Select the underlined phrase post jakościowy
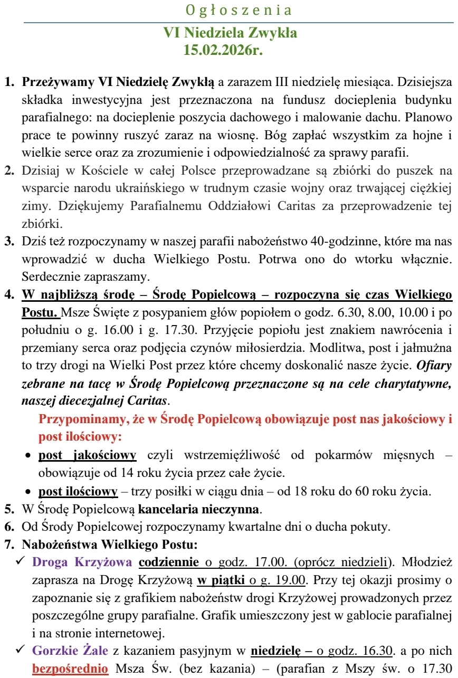pyautogui.click(x=87, y=455)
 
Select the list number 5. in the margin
pyautogui.click(x=9, y=511)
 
